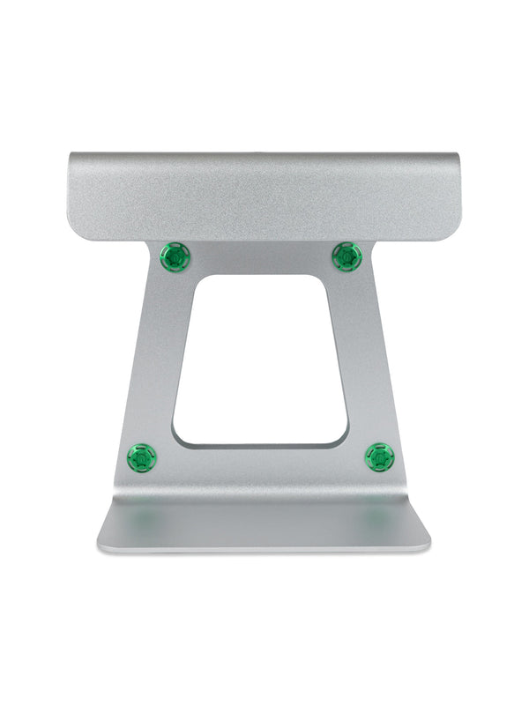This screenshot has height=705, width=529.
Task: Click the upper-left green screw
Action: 175,257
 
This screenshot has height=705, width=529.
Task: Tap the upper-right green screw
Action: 347,257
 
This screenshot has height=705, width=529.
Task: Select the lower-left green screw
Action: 142,457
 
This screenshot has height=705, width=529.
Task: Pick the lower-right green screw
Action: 380,456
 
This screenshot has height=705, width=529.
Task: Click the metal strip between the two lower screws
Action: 261,462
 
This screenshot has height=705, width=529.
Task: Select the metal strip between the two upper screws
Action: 261,258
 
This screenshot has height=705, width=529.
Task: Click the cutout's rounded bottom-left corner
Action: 179,438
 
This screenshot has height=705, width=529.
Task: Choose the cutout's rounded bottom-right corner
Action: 342,437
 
